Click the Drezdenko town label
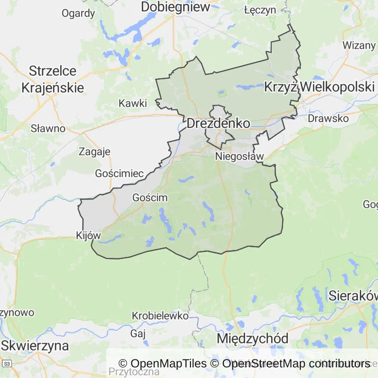pos(218,123)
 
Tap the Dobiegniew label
pos(175,7)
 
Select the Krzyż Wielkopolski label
pos(319,87)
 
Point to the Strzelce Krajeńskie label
pos(53,79)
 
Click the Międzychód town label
pos(252,339)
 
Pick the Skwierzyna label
pos(34,345)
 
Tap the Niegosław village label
pos(240,157)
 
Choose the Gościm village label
pos(150,197)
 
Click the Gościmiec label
pos(120,173)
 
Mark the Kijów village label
pos(89,235)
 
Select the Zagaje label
pos(94,152)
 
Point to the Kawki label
pos(133,103)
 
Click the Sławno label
pos(48,128)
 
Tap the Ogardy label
pos(78,13)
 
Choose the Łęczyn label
pos(259,9)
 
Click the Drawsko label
pos(328,119)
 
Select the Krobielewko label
pos(160,315)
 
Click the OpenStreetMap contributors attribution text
pos(296,364)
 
